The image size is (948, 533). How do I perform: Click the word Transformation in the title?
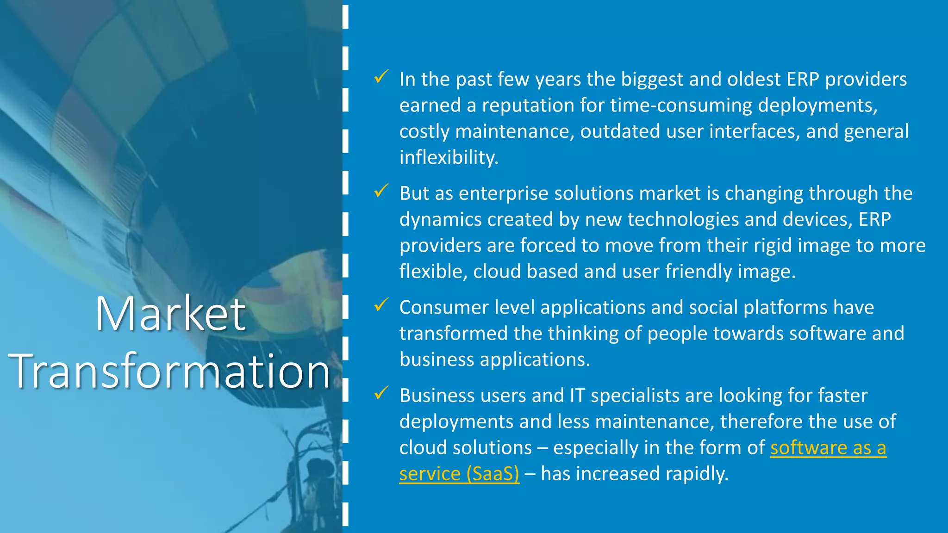coord(169,371)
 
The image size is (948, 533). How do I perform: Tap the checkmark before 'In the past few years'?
coord(381,77)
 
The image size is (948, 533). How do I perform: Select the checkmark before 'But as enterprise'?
coord(381,191)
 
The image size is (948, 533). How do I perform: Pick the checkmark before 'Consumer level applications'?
coord(381,305)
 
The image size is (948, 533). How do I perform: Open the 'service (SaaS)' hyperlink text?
coord(459,473)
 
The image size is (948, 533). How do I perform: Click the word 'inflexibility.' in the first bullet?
coord(449,157)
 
